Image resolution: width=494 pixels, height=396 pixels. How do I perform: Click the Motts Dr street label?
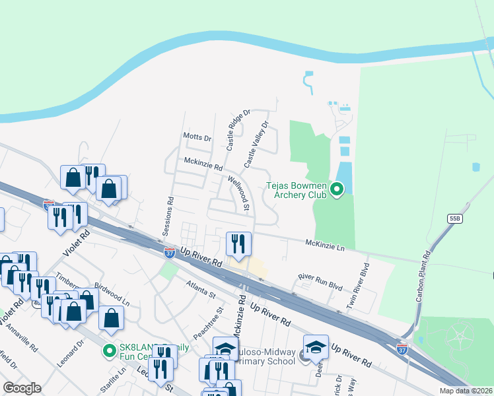tap(197, 139)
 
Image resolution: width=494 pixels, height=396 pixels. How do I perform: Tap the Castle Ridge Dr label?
tap(238, 130)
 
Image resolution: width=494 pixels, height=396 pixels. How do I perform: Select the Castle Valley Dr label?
tap(257, 143)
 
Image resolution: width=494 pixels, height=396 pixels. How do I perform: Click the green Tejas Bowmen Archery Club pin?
tap(337, 191)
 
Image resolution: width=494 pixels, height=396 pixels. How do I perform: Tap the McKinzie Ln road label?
tap(325, 244)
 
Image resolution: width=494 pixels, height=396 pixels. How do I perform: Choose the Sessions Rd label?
tap(169, 217)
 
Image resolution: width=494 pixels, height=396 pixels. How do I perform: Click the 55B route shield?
tap(454, 218)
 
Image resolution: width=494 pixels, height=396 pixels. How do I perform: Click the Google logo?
tap(22, 388)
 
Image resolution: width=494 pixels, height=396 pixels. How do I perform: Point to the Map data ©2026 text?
tap(465, 391)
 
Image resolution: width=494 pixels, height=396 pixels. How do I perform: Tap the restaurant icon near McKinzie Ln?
tap(238, 244)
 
